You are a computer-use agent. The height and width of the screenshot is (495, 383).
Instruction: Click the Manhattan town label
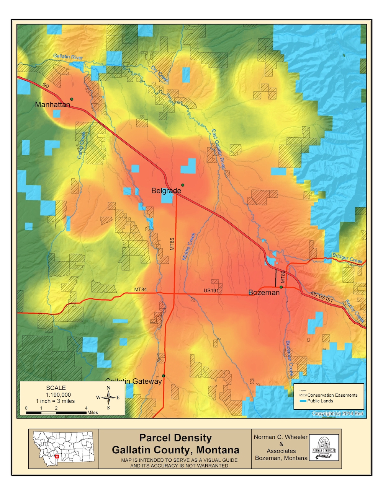[52, 104]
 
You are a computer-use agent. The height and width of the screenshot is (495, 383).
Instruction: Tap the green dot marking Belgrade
[183, 185]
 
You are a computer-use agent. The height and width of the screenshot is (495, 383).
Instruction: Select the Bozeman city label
[264, 292]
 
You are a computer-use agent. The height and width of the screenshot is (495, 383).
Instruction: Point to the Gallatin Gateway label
[134, 381]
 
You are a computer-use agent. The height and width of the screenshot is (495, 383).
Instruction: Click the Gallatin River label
[68, 57]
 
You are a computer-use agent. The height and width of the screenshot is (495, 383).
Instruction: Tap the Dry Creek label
[160, 74]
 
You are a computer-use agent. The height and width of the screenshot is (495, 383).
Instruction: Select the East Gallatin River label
[218, 149]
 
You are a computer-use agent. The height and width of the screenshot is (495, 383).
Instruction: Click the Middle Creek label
[189, 246]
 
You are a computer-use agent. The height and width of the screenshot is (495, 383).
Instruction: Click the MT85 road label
[172, 244]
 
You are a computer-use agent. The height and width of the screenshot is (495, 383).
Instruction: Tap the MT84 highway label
[141, 290]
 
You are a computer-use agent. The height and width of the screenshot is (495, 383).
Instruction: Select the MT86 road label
[283, 277]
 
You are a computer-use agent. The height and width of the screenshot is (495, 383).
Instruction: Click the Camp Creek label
[82, 145]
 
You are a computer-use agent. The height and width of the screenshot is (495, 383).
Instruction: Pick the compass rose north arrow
[108, 397]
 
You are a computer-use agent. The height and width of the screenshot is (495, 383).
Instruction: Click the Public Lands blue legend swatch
[303, 401]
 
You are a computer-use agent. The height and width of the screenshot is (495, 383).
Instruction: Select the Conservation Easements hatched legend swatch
[303, 395]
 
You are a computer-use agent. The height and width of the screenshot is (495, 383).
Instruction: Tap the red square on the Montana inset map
[57, 456]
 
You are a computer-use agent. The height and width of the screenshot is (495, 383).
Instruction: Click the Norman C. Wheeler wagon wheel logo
[324, 447]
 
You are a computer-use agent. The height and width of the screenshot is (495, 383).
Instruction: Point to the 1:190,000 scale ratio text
[59, 395]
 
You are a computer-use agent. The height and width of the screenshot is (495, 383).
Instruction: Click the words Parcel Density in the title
[175, 438]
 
